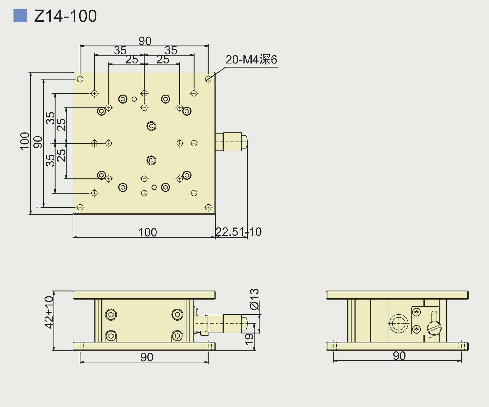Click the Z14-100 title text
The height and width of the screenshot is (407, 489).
pos(65,16)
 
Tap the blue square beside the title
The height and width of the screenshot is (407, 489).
pos(20,16)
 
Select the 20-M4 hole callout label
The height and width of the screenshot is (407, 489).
pos(251,60)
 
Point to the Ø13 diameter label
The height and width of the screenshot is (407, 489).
pos(254,299)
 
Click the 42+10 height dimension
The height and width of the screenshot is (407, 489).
pos(49,312)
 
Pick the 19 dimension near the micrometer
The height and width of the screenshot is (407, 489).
pos(249,339)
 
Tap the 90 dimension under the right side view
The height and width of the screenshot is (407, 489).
pos(399,356)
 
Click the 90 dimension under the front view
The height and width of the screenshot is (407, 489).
pos(147,357)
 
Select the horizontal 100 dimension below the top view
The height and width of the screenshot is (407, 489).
pos(147,232)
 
